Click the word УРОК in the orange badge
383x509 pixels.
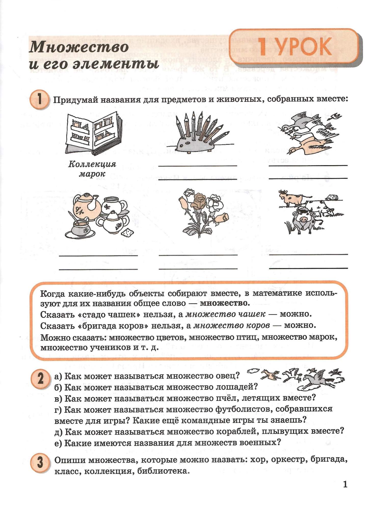coord(304,46)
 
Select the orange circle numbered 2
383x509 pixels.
coord(40,379)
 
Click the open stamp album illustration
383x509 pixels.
coord(93,134)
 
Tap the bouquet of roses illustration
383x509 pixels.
coord(203,213)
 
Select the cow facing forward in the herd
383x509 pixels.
coord(303,219)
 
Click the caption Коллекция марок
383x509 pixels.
coord(92,169)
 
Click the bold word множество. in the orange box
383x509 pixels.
coord(224,303)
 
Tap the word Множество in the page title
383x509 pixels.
coord(79,47)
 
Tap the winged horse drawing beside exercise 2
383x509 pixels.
coord(316,378)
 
